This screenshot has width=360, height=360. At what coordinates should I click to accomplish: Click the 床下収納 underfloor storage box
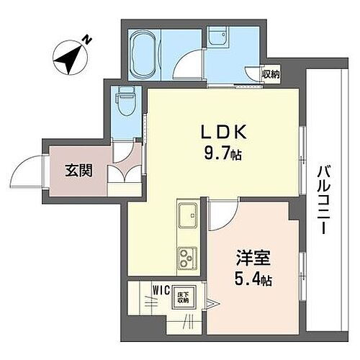[184, 297]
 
